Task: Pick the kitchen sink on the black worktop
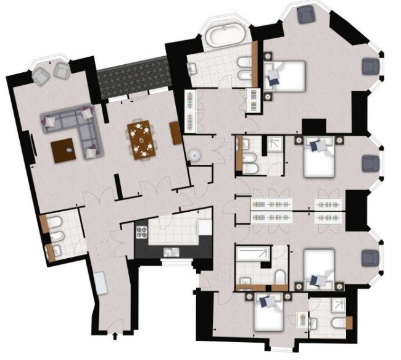tap(170, 252)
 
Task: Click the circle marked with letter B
tap(196, 155)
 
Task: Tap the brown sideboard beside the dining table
tap(175, 132)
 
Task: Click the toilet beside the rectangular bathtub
tap(280, 278)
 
